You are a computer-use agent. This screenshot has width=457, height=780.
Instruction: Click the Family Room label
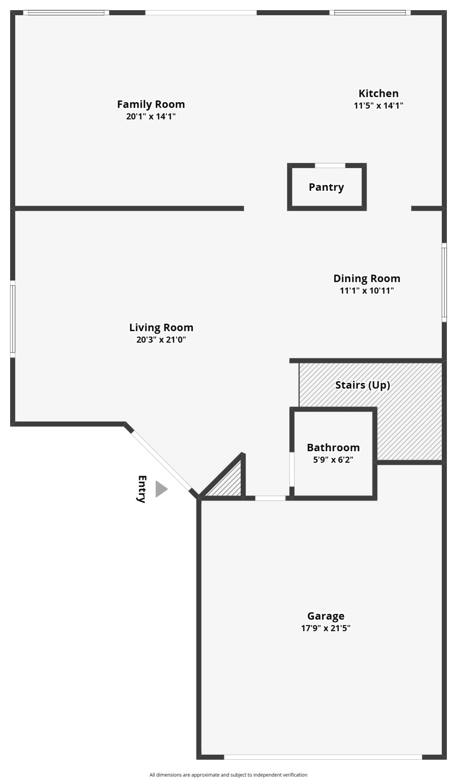[151, 105]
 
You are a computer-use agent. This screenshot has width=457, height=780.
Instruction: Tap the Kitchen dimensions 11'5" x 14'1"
[378, 105]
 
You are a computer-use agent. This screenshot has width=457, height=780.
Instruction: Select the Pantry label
[326, 187]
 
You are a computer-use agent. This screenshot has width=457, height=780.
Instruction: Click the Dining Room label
[367, 278]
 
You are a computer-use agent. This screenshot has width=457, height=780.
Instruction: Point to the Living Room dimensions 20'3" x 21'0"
[161, 340]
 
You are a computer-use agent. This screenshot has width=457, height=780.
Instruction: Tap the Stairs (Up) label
[363, 385]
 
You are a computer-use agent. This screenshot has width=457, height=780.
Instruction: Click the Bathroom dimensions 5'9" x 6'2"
[333, 460]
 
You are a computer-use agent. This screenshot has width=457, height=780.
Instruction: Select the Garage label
[326, 616]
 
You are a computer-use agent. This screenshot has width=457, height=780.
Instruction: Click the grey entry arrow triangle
[161, 489]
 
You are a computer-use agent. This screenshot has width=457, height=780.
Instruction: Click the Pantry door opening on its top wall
[330, 165]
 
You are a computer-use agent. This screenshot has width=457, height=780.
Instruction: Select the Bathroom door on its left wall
[292, 469]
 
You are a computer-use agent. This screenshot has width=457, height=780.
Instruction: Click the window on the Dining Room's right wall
[444, 282]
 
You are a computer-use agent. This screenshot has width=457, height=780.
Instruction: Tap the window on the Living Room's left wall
[12, 319]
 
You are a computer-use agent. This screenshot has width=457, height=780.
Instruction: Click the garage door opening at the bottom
[323, 757]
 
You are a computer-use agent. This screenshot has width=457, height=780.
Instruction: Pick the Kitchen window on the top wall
[370, 12]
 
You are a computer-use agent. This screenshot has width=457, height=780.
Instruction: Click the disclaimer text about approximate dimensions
[228, 775]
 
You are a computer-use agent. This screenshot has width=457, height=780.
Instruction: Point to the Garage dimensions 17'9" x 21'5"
[326, 628]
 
